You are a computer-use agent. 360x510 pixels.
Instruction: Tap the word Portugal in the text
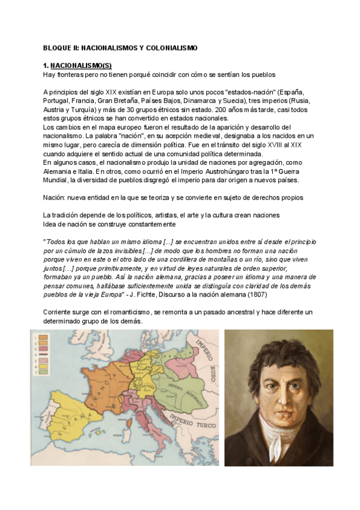tap(59, 100)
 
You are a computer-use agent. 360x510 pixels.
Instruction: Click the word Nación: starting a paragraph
tap(57, 198)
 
